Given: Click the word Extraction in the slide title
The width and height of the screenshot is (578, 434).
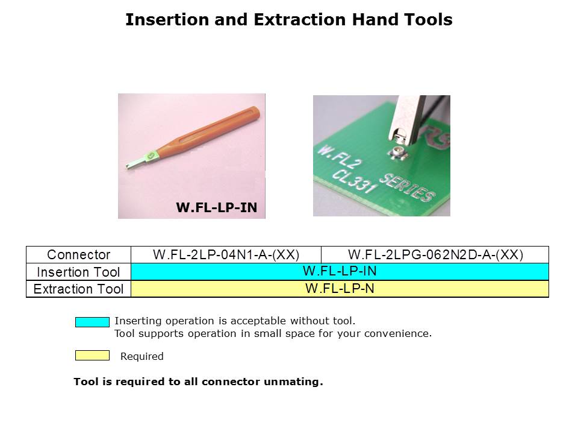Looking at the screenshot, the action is point(300,19).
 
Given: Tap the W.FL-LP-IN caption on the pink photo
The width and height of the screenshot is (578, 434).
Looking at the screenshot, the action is point(216,207).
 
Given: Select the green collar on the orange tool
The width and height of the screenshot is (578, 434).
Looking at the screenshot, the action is point(151,156).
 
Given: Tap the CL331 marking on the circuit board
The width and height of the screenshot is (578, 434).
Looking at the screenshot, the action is point(355,181).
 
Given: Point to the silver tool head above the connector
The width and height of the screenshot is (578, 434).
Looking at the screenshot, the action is point(406,120).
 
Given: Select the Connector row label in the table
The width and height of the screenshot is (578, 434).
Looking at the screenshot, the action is point(78,254).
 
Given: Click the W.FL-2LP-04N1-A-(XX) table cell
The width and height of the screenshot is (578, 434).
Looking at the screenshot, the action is point(226,254).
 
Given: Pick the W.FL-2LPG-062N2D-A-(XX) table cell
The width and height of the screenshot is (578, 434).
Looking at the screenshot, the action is point(435,254).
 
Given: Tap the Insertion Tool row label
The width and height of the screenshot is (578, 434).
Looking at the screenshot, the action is point(78,272).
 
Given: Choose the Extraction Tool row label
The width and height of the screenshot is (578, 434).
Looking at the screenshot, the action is point(78,289).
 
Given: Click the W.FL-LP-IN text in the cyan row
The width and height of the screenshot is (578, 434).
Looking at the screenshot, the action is point(340,271).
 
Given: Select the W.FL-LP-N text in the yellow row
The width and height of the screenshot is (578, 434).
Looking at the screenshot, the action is point(340,289).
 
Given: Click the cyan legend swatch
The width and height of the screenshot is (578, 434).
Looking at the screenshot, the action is point(92,322).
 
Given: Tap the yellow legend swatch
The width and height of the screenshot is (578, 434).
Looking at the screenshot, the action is point(92,356).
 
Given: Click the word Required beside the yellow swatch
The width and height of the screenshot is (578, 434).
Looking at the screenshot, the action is point(142,356).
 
